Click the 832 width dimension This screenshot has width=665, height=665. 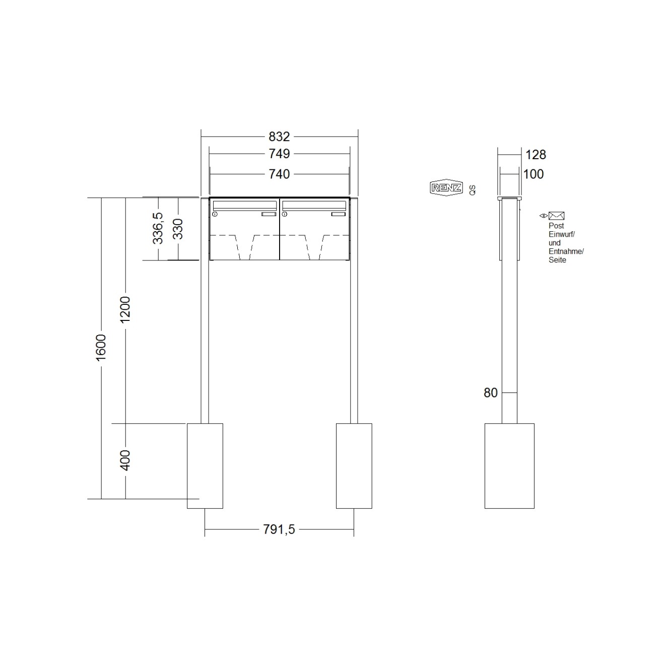(x=279, y=137)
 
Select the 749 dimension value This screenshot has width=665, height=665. (x=279, y=154)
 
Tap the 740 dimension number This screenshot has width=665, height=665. (x=279, y=174)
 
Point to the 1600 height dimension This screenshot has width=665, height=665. (x=101, y=347)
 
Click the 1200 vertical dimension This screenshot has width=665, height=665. (x=125, y=309)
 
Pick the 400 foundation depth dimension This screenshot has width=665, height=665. (x=125, y=460)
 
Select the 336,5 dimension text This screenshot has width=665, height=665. (x=158, y=228)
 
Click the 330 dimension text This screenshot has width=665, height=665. (x=178, y=229)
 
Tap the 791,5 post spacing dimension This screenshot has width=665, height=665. (x=279, y=529)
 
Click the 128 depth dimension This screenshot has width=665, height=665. (x=536, y=155)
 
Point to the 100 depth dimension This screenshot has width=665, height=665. (x=534, y=174)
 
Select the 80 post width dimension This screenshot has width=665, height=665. (x=491, y=393)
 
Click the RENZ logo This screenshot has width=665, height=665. (x=445, y=188)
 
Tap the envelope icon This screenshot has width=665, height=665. (x=556, y=216)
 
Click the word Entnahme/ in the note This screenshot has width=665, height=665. (x=566, y=251)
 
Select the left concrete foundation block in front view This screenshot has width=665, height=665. (x=205, y=465)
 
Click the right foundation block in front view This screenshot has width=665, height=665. (x=354, y=465)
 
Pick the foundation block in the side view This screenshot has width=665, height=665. (x=509, y=465)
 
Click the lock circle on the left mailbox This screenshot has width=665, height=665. (x=215, y=215)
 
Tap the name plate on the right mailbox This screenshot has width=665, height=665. (x=339, y=215)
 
